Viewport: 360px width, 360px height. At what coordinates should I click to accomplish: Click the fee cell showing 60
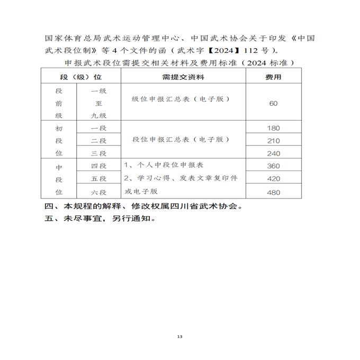[273, 103]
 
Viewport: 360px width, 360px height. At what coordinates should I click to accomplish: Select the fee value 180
[273, 128]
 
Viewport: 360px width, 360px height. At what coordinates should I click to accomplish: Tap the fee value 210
[273, 141]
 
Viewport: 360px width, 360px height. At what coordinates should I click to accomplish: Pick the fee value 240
[273, 154]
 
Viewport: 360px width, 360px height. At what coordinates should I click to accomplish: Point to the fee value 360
[273, 166]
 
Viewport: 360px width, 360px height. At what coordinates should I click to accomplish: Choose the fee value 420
[273, 179]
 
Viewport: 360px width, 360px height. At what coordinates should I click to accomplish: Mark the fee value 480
[273, 192]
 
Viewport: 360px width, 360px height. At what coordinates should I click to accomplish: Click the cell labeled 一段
[99, 128]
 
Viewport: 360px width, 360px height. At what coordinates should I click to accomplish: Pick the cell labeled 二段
[99, 141]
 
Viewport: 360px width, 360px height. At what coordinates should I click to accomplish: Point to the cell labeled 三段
[99, 154]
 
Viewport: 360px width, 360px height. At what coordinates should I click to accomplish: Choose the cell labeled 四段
[99, 166]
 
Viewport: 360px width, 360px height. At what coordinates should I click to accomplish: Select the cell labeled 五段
[99, 179]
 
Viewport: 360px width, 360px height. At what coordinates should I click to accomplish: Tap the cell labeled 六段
[99, 192]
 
